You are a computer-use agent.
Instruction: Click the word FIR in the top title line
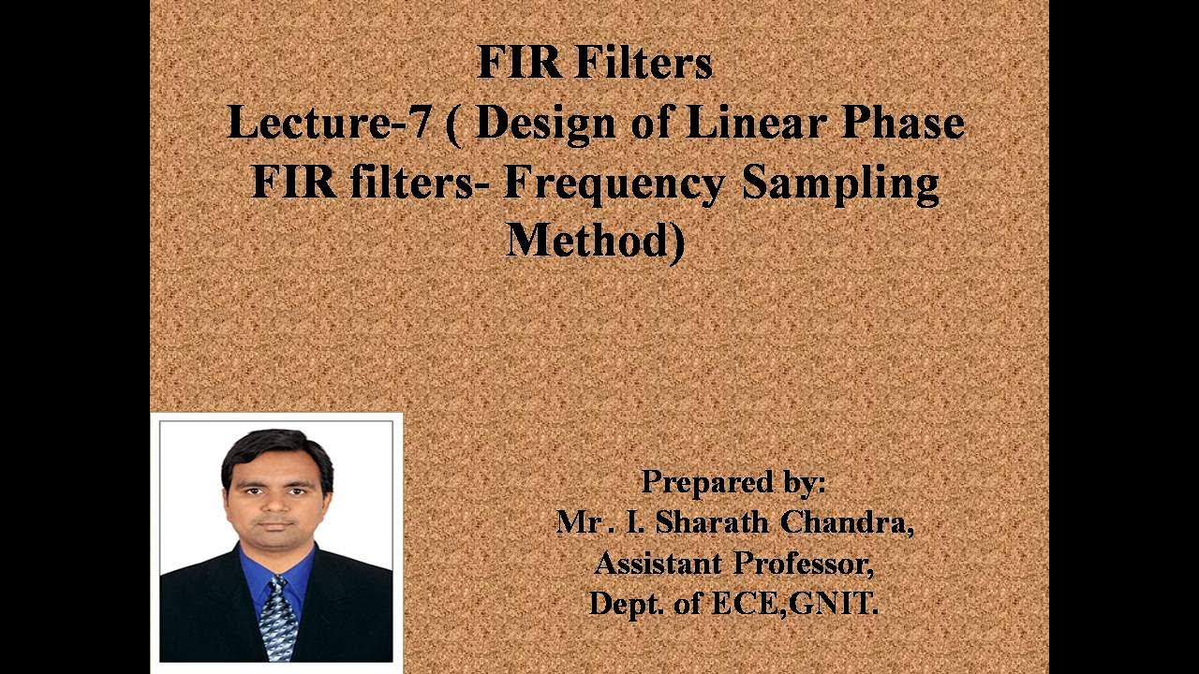click(x=519, y=64)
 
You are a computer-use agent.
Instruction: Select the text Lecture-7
click(x=330, y=123)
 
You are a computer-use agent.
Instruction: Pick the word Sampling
click(x=840, y=184)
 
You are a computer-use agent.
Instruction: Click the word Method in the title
click(x=587, y=241)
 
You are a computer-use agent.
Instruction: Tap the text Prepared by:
click(x=733, y=482)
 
